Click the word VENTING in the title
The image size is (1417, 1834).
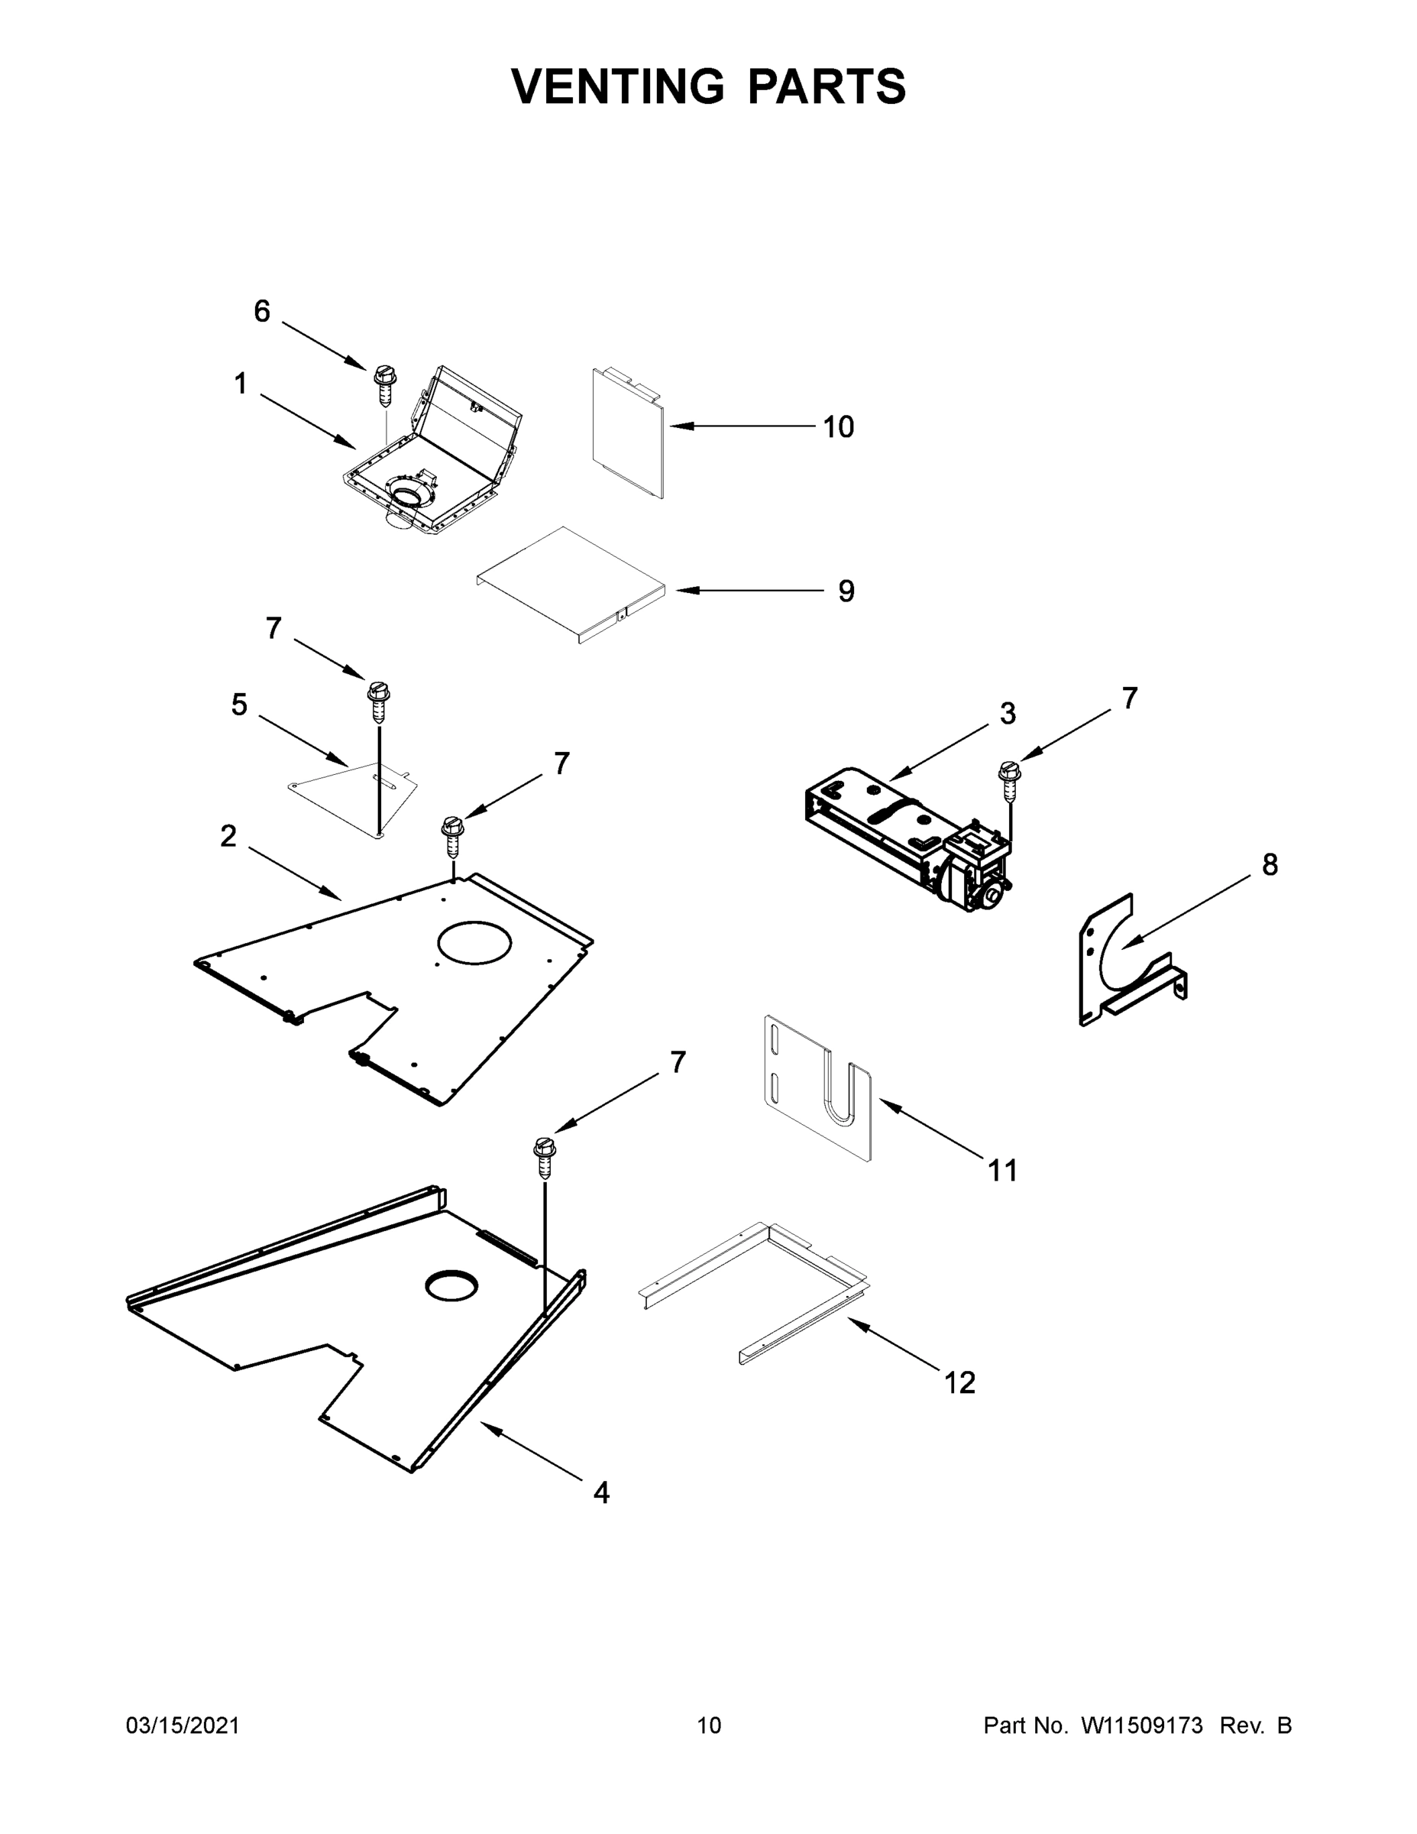pyautogui.click(x=617, y=86)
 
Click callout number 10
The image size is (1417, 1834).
pyautogui.click(x=837, y=427)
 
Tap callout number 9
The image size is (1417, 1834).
pyautogui.click(x=846, y=591)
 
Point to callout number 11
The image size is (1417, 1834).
pyautogui.click(x=1002, y=1170)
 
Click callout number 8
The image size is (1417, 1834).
pyautogui.click(x=1270, y=865)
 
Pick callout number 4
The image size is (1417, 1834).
pyautogui.click(x=601, y=1492)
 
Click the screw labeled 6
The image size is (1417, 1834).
pyautogui.click(x=383, y=384)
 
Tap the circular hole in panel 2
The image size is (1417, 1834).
pyautogui.click(x=474, y=942)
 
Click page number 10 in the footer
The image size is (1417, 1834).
pyautogui.click(x=709, y=1725)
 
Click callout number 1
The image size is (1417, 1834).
pyautogui.click(x=241, y=384)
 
